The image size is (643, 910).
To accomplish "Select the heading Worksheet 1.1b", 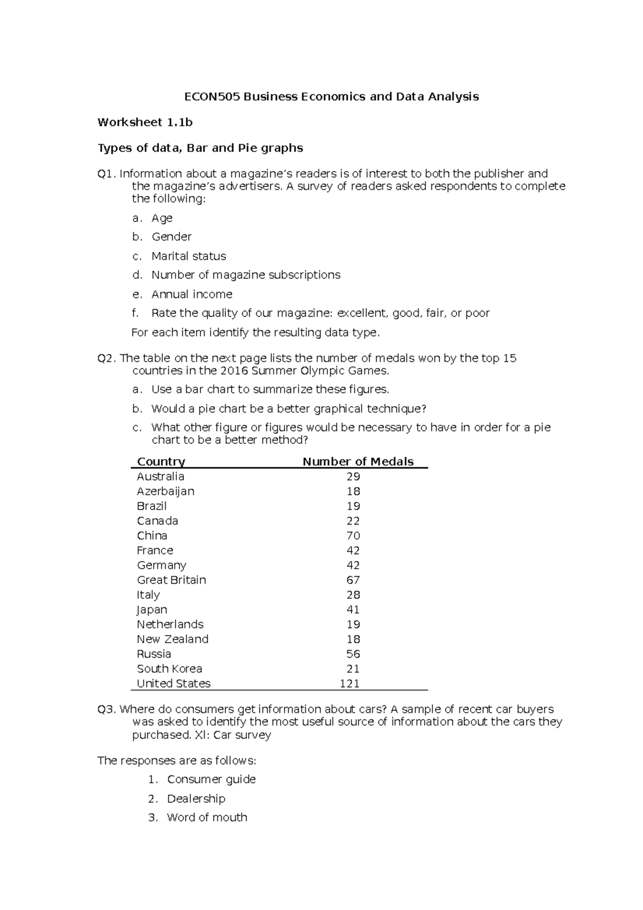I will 145,122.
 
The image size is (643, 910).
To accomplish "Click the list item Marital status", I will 189,256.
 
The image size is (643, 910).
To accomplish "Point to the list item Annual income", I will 192,294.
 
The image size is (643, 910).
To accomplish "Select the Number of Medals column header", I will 358,461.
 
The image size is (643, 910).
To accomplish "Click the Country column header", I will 161,461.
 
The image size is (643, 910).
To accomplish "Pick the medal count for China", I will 353,535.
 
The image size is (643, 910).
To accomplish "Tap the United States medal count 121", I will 349,683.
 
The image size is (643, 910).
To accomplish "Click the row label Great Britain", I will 171,580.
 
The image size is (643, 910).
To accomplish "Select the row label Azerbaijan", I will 166,491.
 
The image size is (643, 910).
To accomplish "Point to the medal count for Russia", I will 353,654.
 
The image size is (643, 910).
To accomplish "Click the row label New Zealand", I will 173,639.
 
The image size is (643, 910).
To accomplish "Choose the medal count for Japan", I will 353,609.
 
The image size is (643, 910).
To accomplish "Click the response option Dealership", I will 196,799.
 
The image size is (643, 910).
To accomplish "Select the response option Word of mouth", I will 207,817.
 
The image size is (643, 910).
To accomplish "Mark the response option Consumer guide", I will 211,779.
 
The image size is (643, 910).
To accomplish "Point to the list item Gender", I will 171,237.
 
